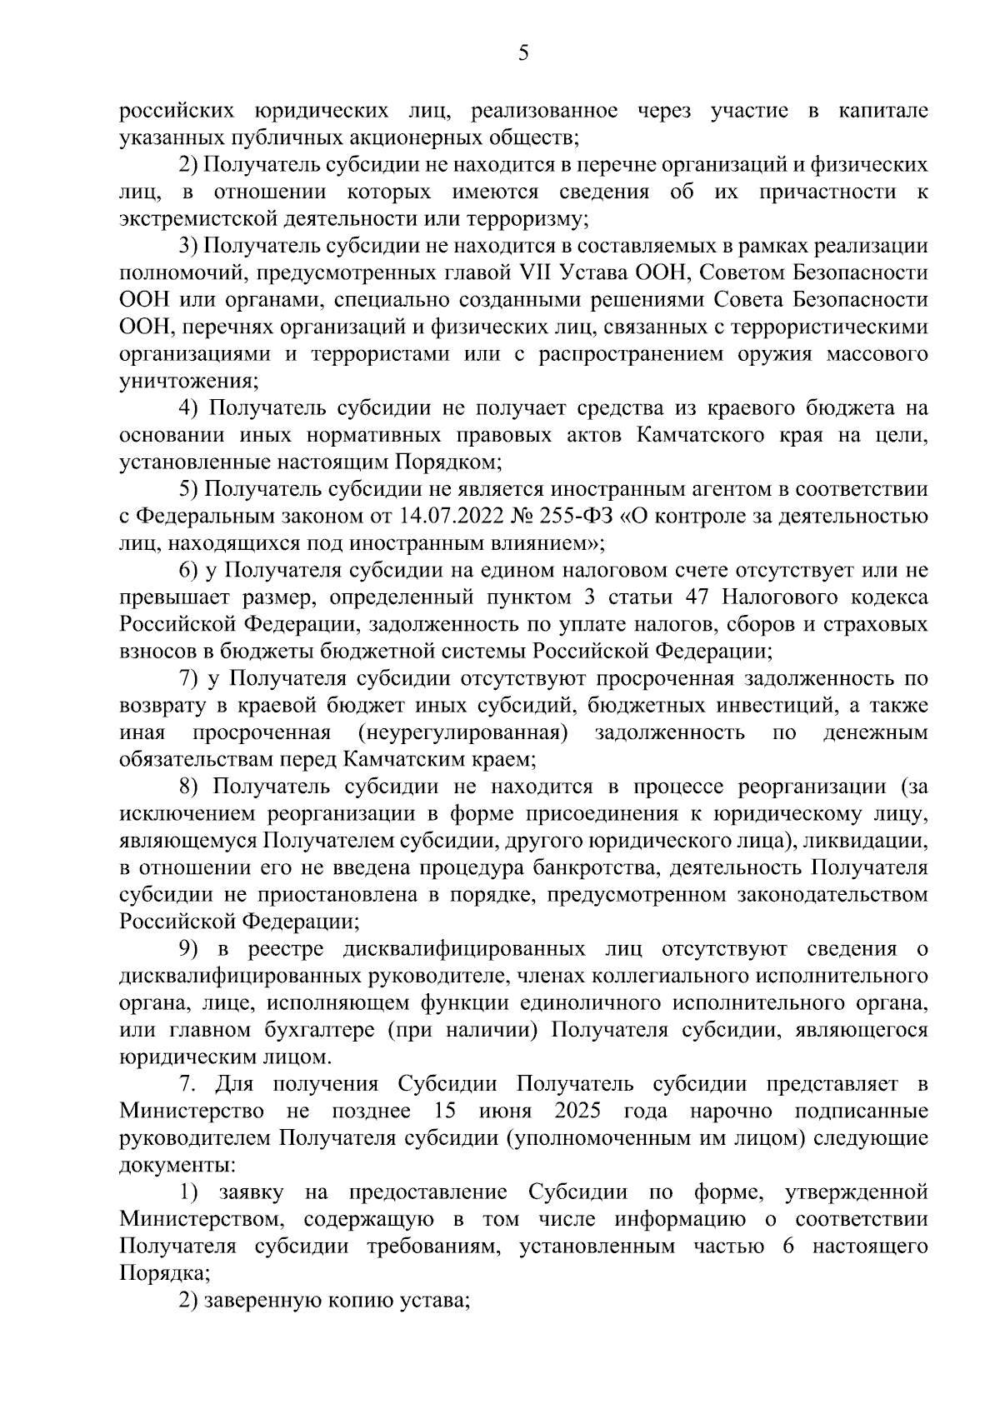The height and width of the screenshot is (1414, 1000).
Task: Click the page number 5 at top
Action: pyautogui.click(x=522, y=54)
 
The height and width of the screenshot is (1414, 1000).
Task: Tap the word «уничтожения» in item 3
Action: pyautogui.click(x=187, y=382)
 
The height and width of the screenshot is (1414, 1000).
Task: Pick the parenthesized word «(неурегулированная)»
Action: pyautogui.click(x=462, y=733)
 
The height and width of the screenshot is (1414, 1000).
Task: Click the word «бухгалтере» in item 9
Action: pyautogui.click(x=328, y=1030)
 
